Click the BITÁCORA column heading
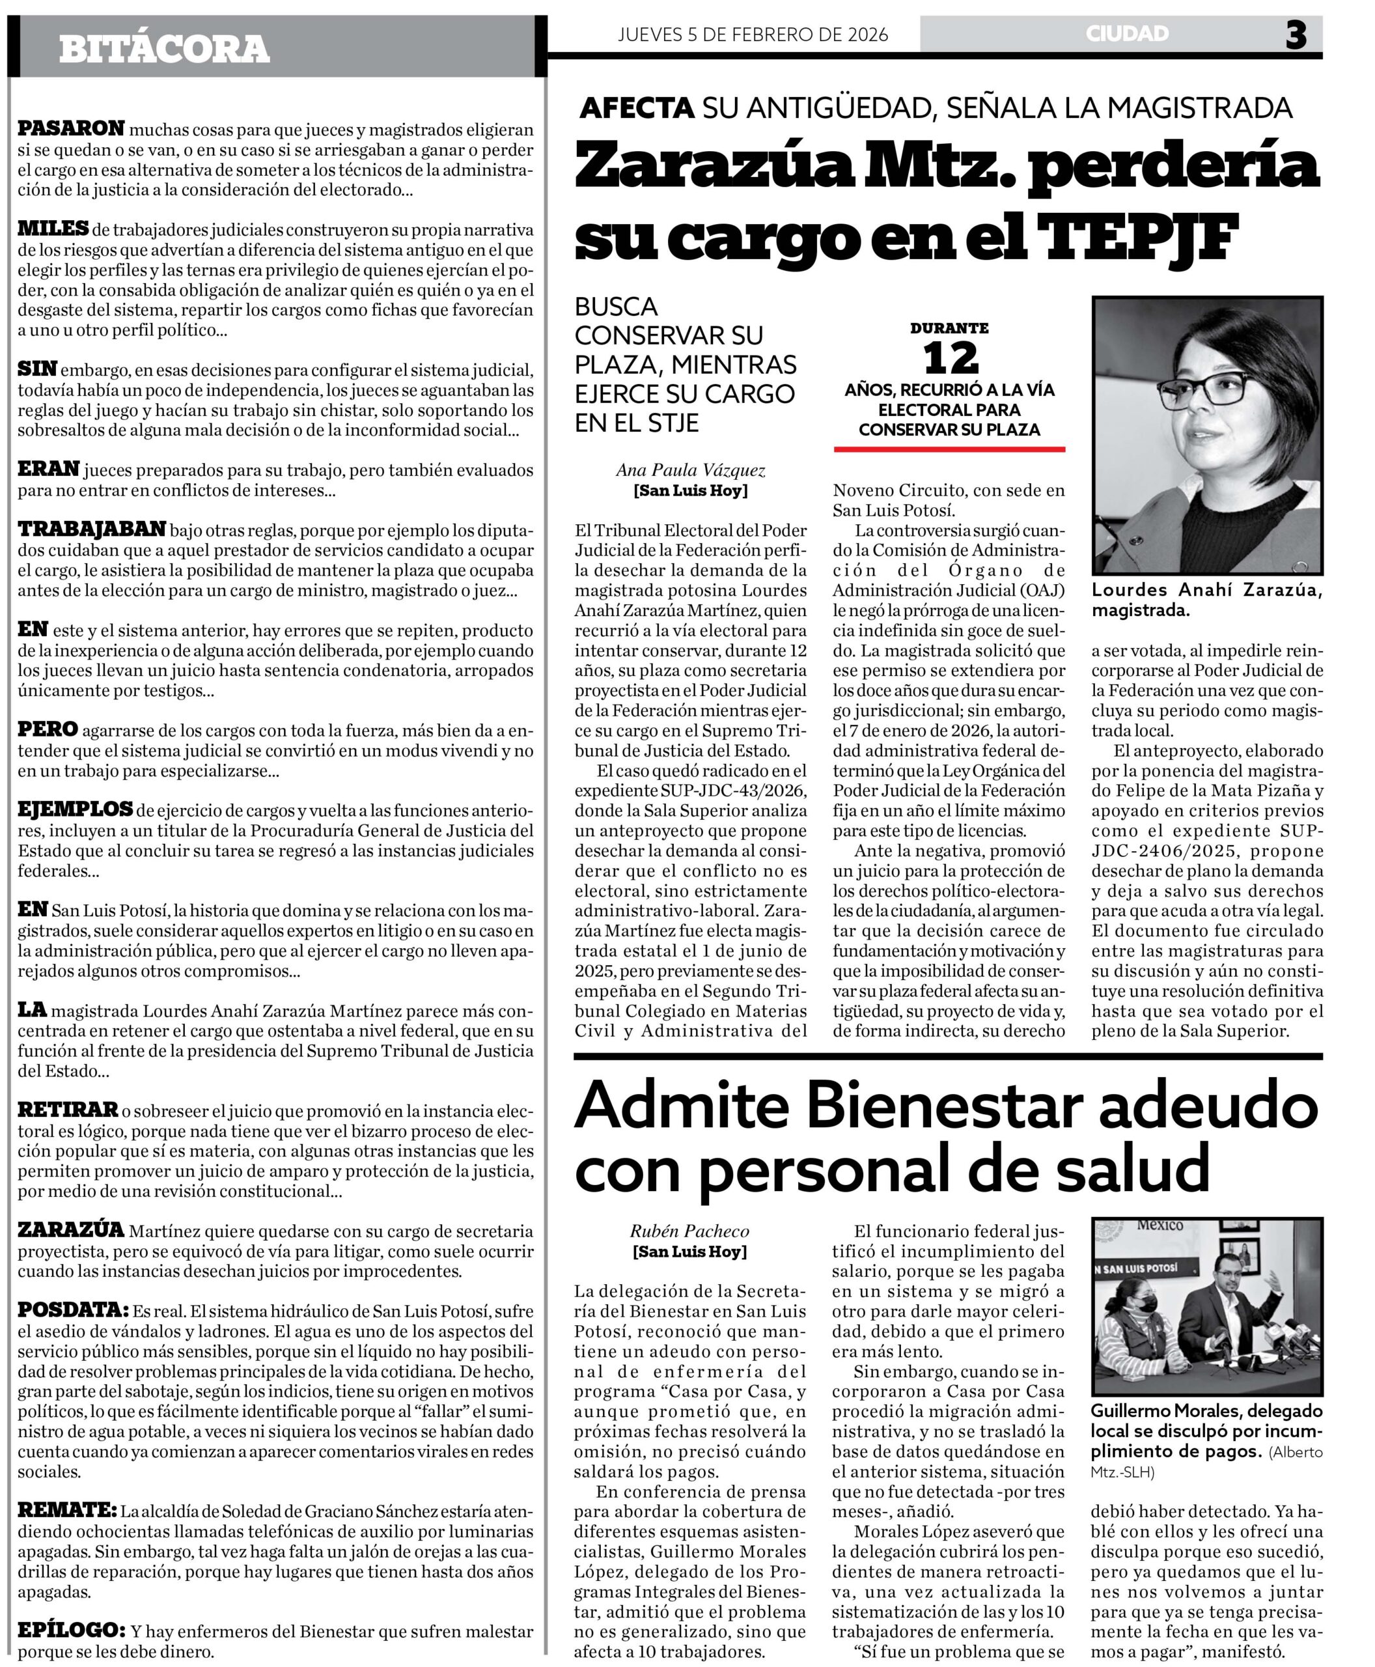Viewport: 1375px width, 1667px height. click(x=164, y=49)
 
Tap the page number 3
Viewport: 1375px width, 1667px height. click(x=1296, y=35)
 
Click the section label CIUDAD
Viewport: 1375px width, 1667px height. click(x=1127, y=33)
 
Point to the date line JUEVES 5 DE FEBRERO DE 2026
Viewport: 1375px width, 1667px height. click(x=753, y=34)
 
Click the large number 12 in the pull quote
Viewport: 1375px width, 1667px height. click(x=950, y=359)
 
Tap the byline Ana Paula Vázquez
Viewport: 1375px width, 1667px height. click(x=691, y=471)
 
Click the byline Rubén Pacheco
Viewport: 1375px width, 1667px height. click(x=689, y=1231)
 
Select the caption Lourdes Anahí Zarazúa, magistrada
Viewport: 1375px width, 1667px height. click(x=1206, y=600)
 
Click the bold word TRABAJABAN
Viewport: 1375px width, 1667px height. click(x=92, y=529)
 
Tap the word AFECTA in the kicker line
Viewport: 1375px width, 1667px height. click(x=637, y=107)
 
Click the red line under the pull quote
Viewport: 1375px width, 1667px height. click(x=949, y=449)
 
